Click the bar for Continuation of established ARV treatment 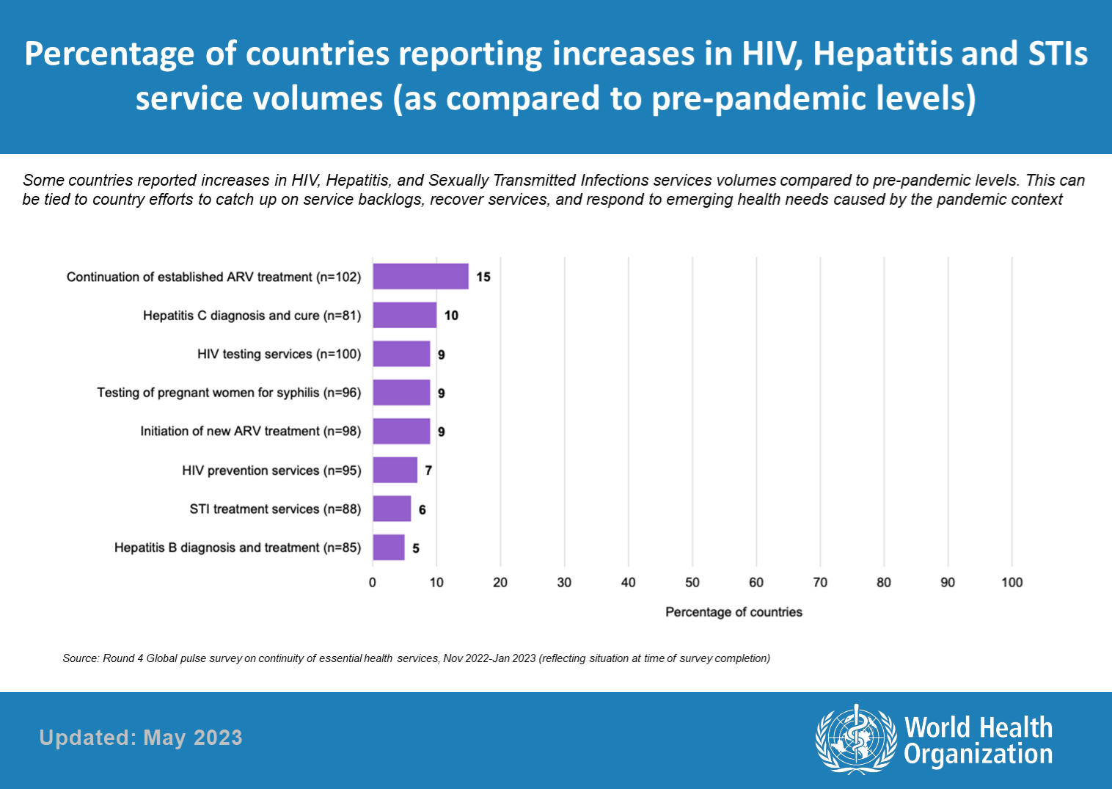point(420,277)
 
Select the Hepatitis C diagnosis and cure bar point(404,316)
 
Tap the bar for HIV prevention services point(395,470)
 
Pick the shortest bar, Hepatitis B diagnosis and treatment point(389,548)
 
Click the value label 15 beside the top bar point(483,277)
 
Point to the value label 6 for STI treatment point(423,509)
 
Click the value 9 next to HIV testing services point(441,354)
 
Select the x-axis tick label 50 point(692,582)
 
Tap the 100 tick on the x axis point(1012,582)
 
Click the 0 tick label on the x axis point(373,582)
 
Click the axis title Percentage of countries point(734,612)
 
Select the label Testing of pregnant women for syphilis point(229,393)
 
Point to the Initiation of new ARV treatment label point(250,432)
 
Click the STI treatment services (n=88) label point(275,509)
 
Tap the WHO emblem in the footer point(856,738)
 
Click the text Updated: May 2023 point(141,738)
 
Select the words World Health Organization point(978,741)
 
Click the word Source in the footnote point(79,658)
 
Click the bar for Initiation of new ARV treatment point(401,432)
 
